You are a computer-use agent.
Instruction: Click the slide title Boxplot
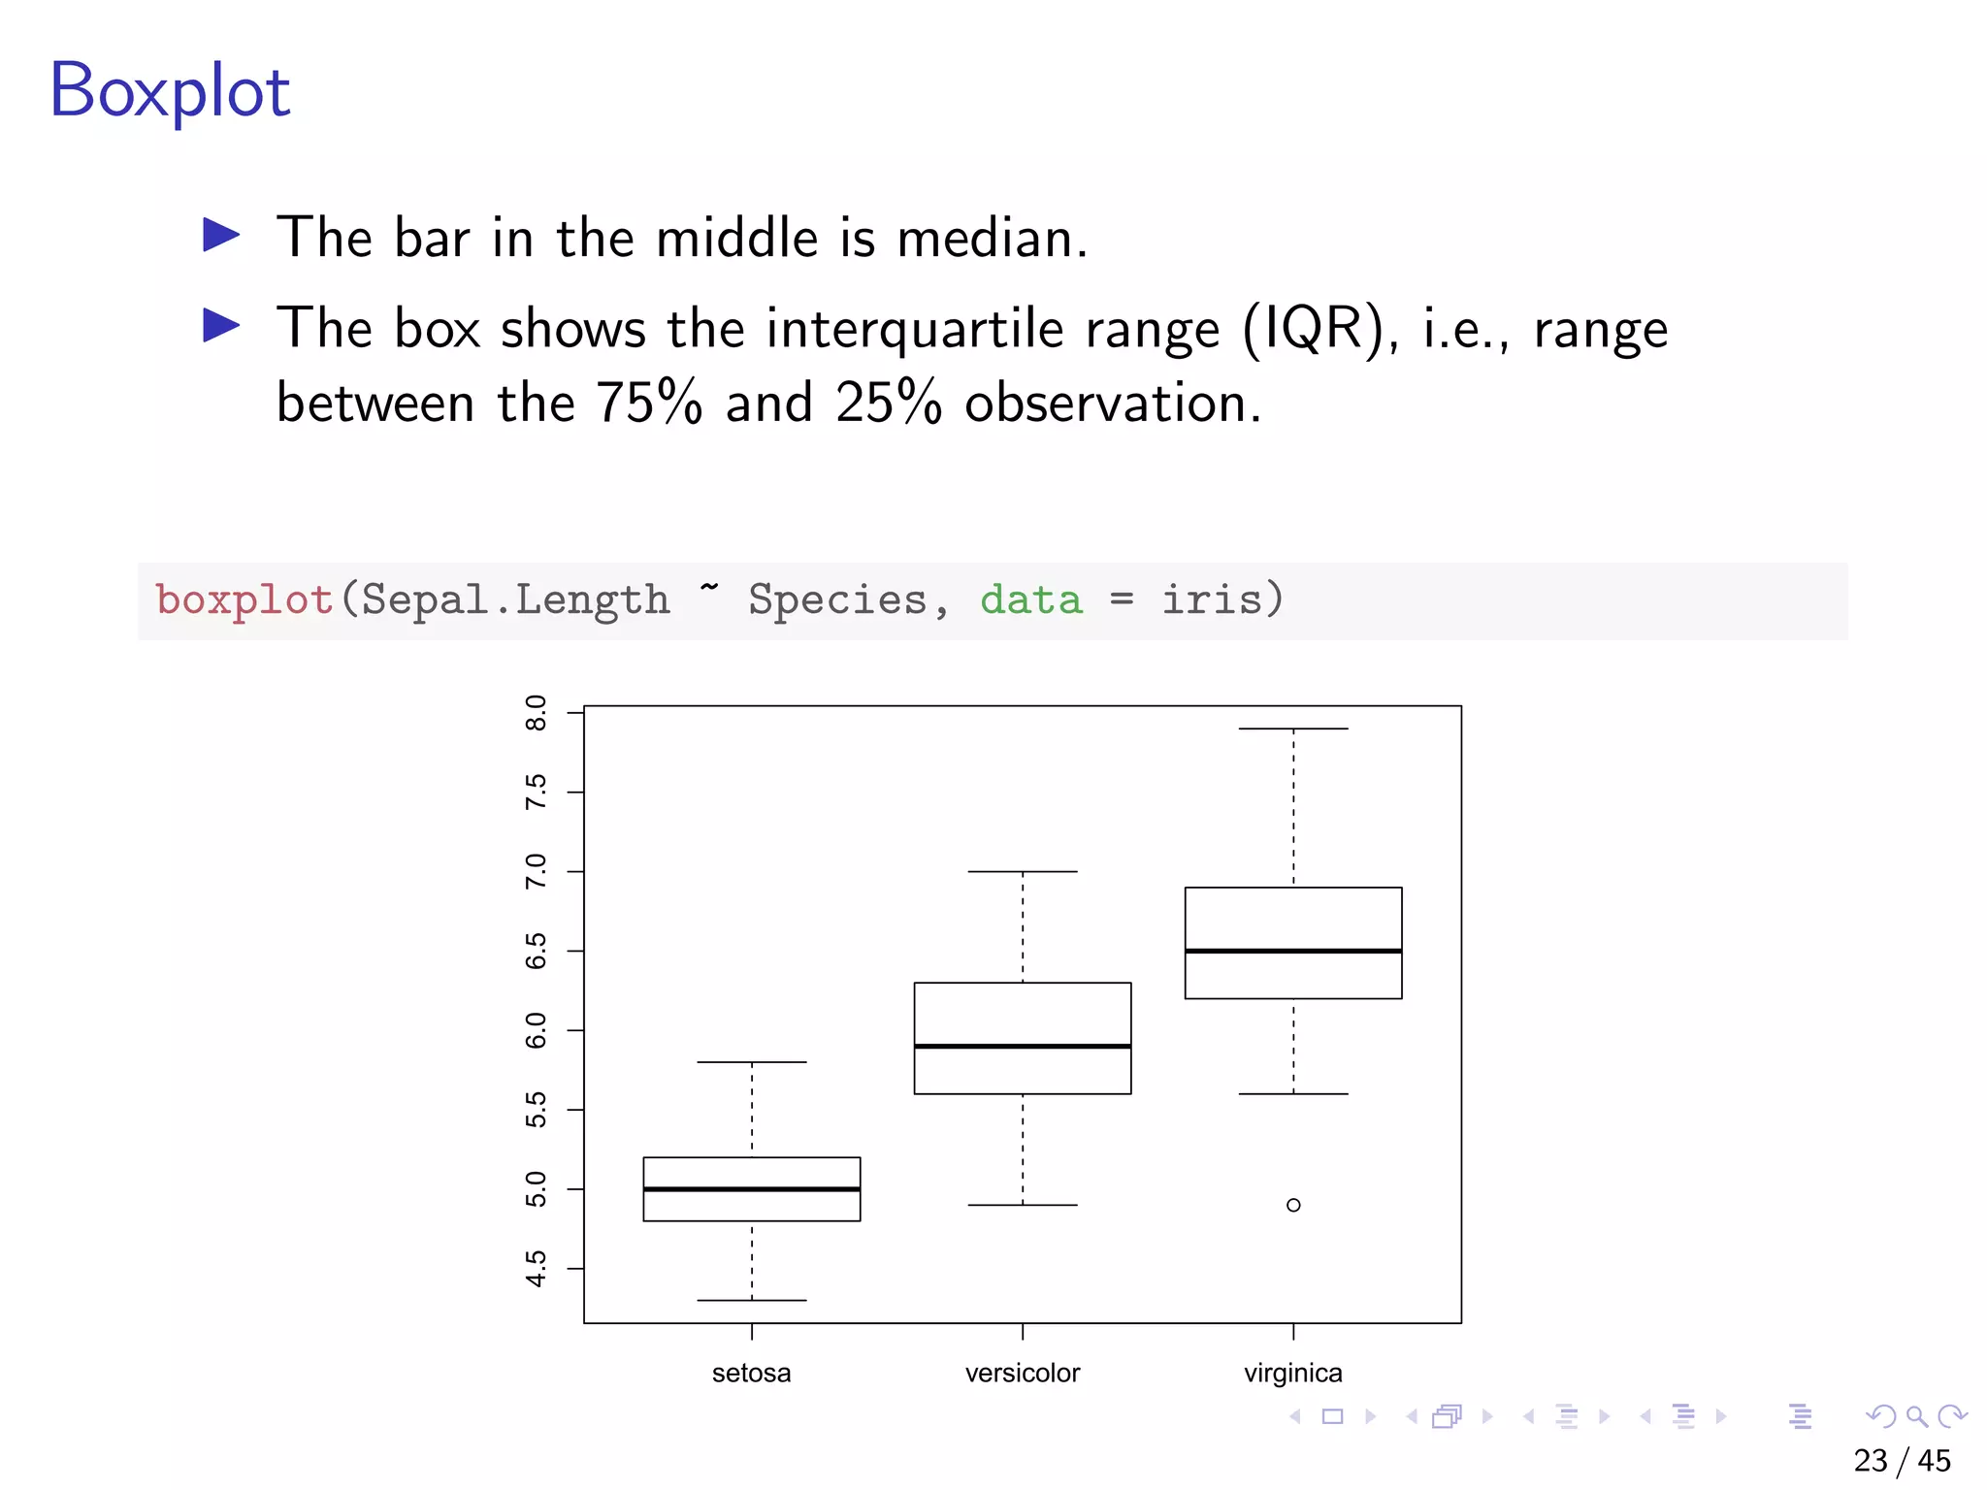(x=170, y=90)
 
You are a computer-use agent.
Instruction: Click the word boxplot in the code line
(x=244, y=599)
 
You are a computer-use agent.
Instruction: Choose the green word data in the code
(x=1030, y=599)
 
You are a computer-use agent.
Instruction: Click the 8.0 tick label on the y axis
(x=536, y=713)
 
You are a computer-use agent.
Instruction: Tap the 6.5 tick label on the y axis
(x=536, y=952)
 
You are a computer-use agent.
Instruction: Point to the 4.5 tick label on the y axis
(x=536, y=1269)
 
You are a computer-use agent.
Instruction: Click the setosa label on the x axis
(x=751, y=1374)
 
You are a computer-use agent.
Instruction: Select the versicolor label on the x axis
(x=1023, y=1374)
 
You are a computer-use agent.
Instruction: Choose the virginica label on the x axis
(x=1293, y=1374)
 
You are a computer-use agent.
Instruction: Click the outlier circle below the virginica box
(x=1293, y=1205)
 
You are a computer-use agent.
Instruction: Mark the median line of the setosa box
(x=752, y=1189)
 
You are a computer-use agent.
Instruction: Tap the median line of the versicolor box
(x=1023, y=1047)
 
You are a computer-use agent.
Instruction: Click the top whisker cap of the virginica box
(x=1293, y=729)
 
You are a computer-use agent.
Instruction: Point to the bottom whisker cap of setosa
(x=752, y=1300)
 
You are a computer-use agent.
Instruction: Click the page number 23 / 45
(x=1902, y=1461)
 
